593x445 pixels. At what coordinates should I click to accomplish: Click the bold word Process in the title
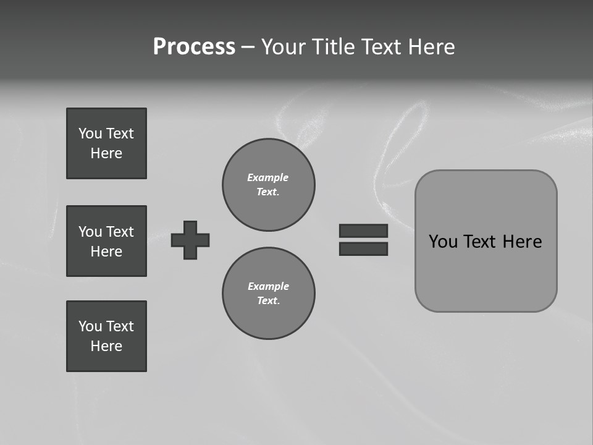pos(194,47)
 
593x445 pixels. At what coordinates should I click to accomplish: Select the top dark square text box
pos(106,143)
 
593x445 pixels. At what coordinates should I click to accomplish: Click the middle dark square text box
pos(106,241)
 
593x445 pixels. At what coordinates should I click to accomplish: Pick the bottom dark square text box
pos(106,336)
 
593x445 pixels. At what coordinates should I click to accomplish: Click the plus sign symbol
pos(190,240)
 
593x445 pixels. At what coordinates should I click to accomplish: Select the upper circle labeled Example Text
pos(268,185)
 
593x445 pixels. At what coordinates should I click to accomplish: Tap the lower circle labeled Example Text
pos(268,294)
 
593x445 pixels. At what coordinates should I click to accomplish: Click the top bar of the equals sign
pos(363,231)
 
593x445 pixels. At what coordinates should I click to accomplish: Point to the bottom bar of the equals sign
pos(363,248)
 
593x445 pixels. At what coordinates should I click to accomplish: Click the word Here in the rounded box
pos(522,242)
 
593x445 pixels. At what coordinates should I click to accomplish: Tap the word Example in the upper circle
pos(267,177)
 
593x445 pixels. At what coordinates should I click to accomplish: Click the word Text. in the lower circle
pos(268,301)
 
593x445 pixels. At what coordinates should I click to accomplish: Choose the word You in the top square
pos(90,133)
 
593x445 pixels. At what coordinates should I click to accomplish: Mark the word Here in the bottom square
pos(106,346)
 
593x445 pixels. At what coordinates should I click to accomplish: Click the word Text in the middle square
pos(119,232)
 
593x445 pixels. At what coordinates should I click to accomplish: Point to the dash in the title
pos(248,47)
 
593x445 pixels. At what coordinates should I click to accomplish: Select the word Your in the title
pos(284,47)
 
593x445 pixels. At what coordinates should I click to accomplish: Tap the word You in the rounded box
pos(443,242)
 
